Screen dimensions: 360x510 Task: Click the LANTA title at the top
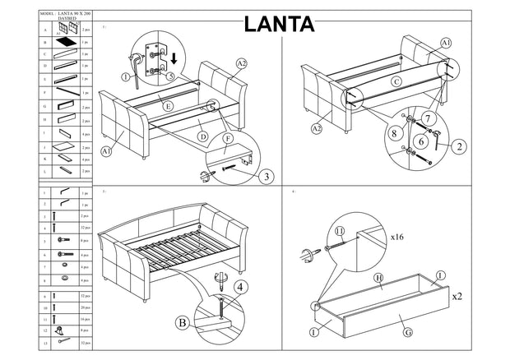click(x=279, y=23)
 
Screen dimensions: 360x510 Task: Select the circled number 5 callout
click(x=169, y=76)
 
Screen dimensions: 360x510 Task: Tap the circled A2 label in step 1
click(x=241, y=63)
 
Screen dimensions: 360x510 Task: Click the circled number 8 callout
click(x=394, y=132)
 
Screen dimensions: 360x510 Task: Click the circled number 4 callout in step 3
click(x=238, y=288)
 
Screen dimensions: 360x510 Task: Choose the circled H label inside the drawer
click(x=379, y=279)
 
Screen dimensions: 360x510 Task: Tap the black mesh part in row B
click(x=65, y=41)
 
